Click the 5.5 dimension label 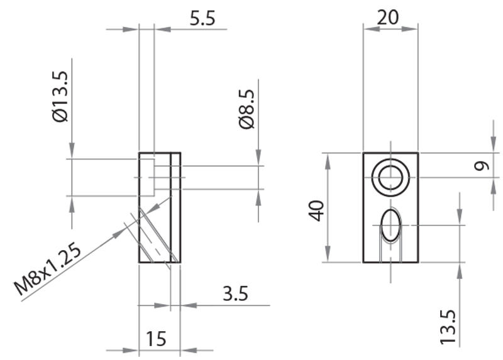click(x=202, y=18)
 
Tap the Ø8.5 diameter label click(x=247, y=108)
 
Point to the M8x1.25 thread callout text click(x=49, y=270)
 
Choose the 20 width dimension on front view click(x=389, y=17)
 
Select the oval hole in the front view click(x=390, y=224)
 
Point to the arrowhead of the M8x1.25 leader click(x=123, y=232)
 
